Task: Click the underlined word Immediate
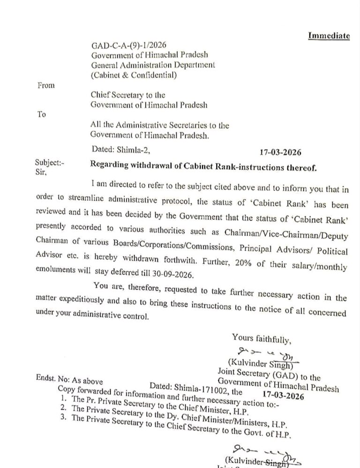pos(329,37)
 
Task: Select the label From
pos(45,85)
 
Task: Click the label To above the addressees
pos(41,114)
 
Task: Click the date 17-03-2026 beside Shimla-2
pos(280,152)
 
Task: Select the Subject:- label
pos(50,163)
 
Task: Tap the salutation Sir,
pos(42,172)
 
